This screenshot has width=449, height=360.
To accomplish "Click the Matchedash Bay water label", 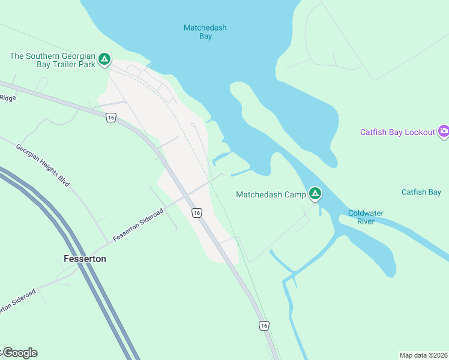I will click(x=205, y=32).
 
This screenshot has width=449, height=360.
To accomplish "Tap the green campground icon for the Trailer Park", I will click(x=104, y=59).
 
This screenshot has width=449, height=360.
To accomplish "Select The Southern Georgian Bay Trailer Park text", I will click(x=53, y=60).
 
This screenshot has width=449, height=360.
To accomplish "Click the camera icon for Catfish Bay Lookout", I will click(x=444, y=131).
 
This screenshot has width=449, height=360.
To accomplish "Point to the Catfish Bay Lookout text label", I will click(x=397, y=132).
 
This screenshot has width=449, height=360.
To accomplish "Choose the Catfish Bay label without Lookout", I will click(x=421, y=193).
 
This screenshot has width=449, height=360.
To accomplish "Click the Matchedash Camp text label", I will click(x=271, y=194).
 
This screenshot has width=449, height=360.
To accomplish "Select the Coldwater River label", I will click(x=366, y=217).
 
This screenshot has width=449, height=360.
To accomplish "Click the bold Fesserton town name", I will click(x=85, y=259).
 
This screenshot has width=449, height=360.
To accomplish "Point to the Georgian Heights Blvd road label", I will click(x=43, y=166).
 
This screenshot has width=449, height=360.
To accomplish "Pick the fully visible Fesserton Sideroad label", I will click(x=137, y=225).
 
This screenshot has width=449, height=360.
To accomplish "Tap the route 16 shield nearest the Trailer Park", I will click(x=110, y=118).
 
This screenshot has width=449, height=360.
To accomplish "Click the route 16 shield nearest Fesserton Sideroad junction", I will click(x=196, y=212).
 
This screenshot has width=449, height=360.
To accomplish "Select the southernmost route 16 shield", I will click(x=264, y=325).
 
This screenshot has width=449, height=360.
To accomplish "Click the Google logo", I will click(x=20, y=353).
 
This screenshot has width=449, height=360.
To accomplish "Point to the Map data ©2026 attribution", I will click(x=424, y=355).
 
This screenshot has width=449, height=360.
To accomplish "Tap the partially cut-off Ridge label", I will click(x=8, y=98).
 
